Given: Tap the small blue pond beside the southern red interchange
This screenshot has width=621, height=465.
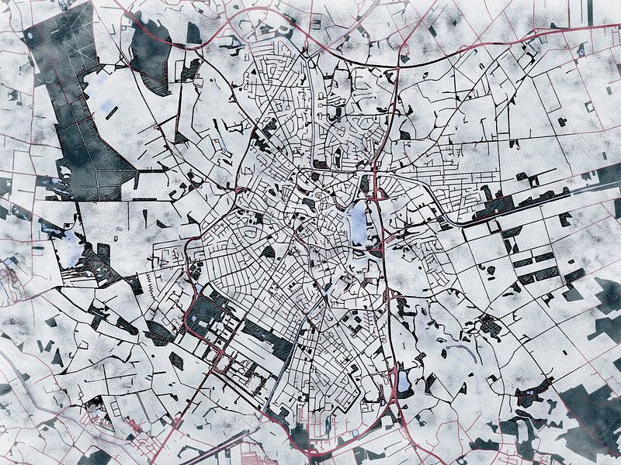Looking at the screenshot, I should coord(403,381).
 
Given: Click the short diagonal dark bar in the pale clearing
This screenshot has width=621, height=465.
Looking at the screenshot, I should coord(112,112).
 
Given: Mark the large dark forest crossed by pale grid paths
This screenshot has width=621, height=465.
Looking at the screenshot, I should coord(74,108).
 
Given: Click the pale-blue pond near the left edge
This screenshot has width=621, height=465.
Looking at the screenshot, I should coord(70,248).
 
